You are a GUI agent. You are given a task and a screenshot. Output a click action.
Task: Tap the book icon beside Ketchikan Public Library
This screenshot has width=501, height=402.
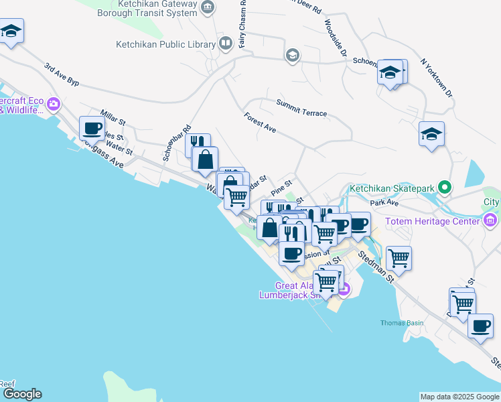pos(226,44)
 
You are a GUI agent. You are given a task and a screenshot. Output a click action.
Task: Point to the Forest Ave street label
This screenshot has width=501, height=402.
pos(261,123)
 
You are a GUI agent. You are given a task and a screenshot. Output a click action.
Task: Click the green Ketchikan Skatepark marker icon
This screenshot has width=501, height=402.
pos(443,188)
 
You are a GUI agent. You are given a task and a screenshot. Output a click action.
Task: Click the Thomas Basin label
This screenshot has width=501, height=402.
pos(402,323)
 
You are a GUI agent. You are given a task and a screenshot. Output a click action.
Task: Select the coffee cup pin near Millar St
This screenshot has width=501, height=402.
pos(92,127)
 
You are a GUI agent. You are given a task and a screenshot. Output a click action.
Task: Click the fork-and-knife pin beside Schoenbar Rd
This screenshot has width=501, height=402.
pos(198,142)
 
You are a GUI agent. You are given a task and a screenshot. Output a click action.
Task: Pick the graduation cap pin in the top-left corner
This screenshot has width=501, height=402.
pos(11,31)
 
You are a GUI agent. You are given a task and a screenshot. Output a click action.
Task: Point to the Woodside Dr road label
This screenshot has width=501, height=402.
pos(336,39)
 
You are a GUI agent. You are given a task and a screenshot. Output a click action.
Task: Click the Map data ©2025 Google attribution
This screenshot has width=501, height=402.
pos(459,397)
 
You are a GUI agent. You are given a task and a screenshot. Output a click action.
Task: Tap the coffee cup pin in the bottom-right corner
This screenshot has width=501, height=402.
pos(480,326)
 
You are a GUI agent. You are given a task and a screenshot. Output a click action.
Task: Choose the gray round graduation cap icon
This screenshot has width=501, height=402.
pos(292,55)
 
